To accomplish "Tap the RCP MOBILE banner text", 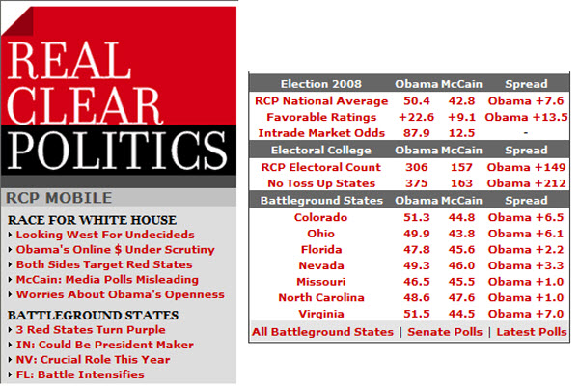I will point(56,197).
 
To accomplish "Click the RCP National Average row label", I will point(321,100).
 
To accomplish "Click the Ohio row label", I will point(321,233).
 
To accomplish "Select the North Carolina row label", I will point(321,297).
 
